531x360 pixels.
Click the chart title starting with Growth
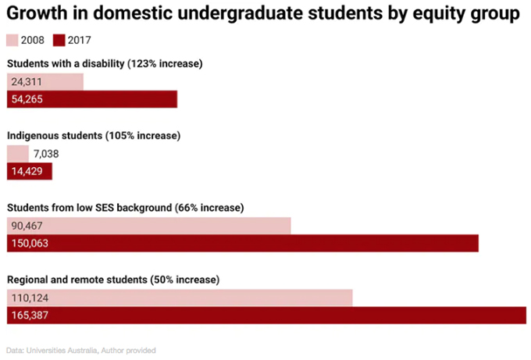click(263, 14)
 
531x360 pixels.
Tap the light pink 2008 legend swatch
click(12, 41)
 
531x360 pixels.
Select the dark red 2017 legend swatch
click(59, 41)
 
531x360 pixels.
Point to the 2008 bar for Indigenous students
click(17, 153)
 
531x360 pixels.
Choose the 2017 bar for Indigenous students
click(30, 171)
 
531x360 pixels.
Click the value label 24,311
click(27, 81)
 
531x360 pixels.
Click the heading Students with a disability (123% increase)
click(105, 63)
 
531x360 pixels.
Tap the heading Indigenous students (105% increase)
click(94, 135)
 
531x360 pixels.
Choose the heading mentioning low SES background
click(125, 208)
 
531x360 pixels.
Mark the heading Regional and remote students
click(113, 280)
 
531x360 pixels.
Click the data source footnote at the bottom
click(81, 350)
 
